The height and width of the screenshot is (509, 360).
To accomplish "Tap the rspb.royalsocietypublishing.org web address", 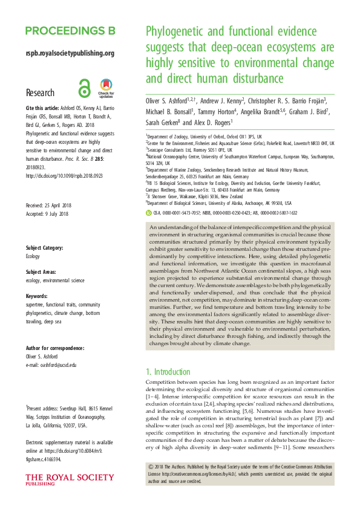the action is coord(70,53).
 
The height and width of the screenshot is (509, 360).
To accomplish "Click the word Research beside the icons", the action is coord(41,93).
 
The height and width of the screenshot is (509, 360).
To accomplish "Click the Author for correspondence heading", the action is coord(55,348).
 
